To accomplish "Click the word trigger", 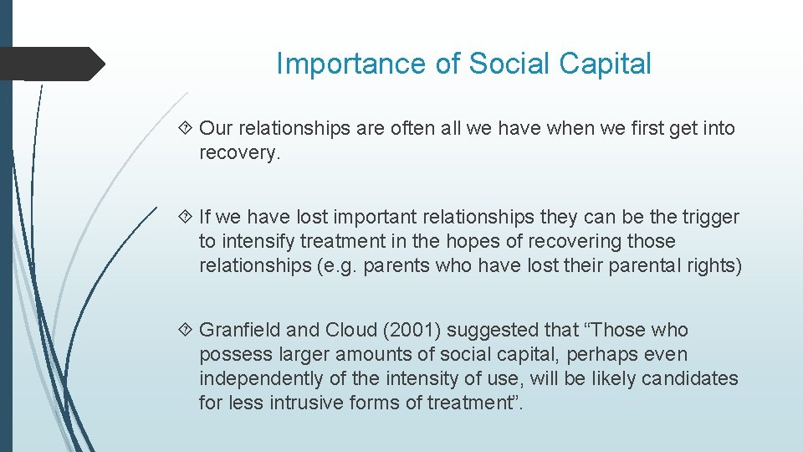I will pos(711,218).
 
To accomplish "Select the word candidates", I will pos(690,379).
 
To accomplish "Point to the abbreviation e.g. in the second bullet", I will pos(367,266).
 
